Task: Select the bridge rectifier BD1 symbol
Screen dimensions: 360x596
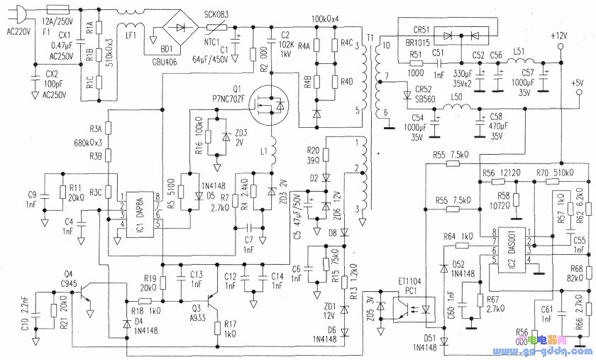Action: click(x=182, y=29)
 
